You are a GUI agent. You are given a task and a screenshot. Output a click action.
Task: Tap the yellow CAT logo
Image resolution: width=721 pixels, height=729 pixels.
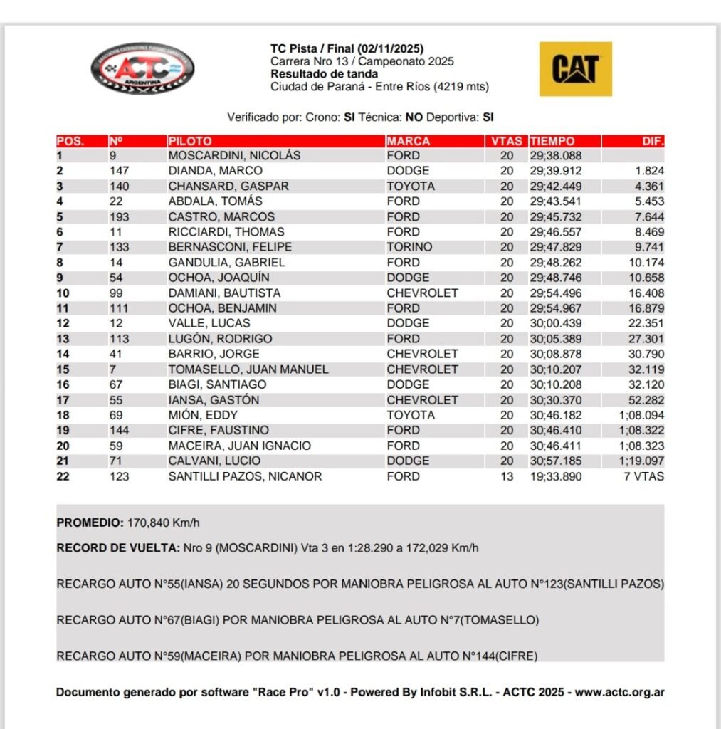coord(575,69)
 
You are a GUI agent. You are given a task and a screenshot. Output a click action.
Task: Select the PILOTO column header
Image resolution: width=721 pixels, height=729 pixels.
coord(190,141)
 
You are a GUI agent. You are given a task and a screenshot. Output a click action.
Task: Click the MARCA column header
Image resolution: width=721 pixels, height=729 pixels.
coord(409,141)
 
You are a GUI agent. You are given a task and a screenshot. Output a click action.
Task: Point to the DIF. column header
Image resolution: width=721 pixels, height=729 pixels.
coord(652,141)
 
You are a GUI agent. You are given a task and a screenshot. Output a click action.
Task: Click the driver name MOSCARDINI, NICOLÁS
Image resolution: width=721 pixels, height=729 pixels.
coord(234,155)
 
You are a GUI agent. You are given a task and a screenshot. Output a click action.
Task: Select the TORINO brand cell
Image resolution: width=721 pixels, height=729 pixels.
coord(409,247)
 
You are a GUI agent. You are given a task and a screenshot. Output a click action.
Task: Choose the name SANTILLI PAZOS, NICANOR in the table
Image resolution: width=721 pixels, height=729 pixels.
coord(245,476)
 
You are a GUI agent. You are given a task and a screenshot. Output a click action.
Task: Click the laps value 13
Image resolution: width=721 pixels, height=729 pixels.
coord(506,476)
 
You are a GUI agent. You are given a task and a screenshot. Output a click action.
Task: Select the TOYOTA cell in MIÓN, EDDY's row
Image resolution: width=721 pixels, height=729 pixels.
coord(410,415)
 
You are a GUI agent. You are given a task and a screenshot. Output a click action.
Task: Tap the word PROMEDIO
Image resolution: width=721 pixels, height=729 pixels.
coord(90,523)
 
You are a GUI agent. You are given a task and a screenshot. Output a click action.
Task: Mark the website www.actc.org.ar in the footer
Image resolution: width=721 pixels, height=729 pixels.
coord(620,692)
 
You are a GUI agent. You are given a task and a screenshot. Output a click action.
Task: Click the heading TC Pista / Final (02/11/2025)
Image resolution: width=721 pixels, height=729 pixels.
coord(347,49)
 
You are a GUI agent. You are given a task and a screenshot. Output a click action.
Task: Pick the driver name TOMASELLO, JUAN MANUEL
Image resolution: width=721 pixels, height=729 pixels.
coord(248,369)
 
